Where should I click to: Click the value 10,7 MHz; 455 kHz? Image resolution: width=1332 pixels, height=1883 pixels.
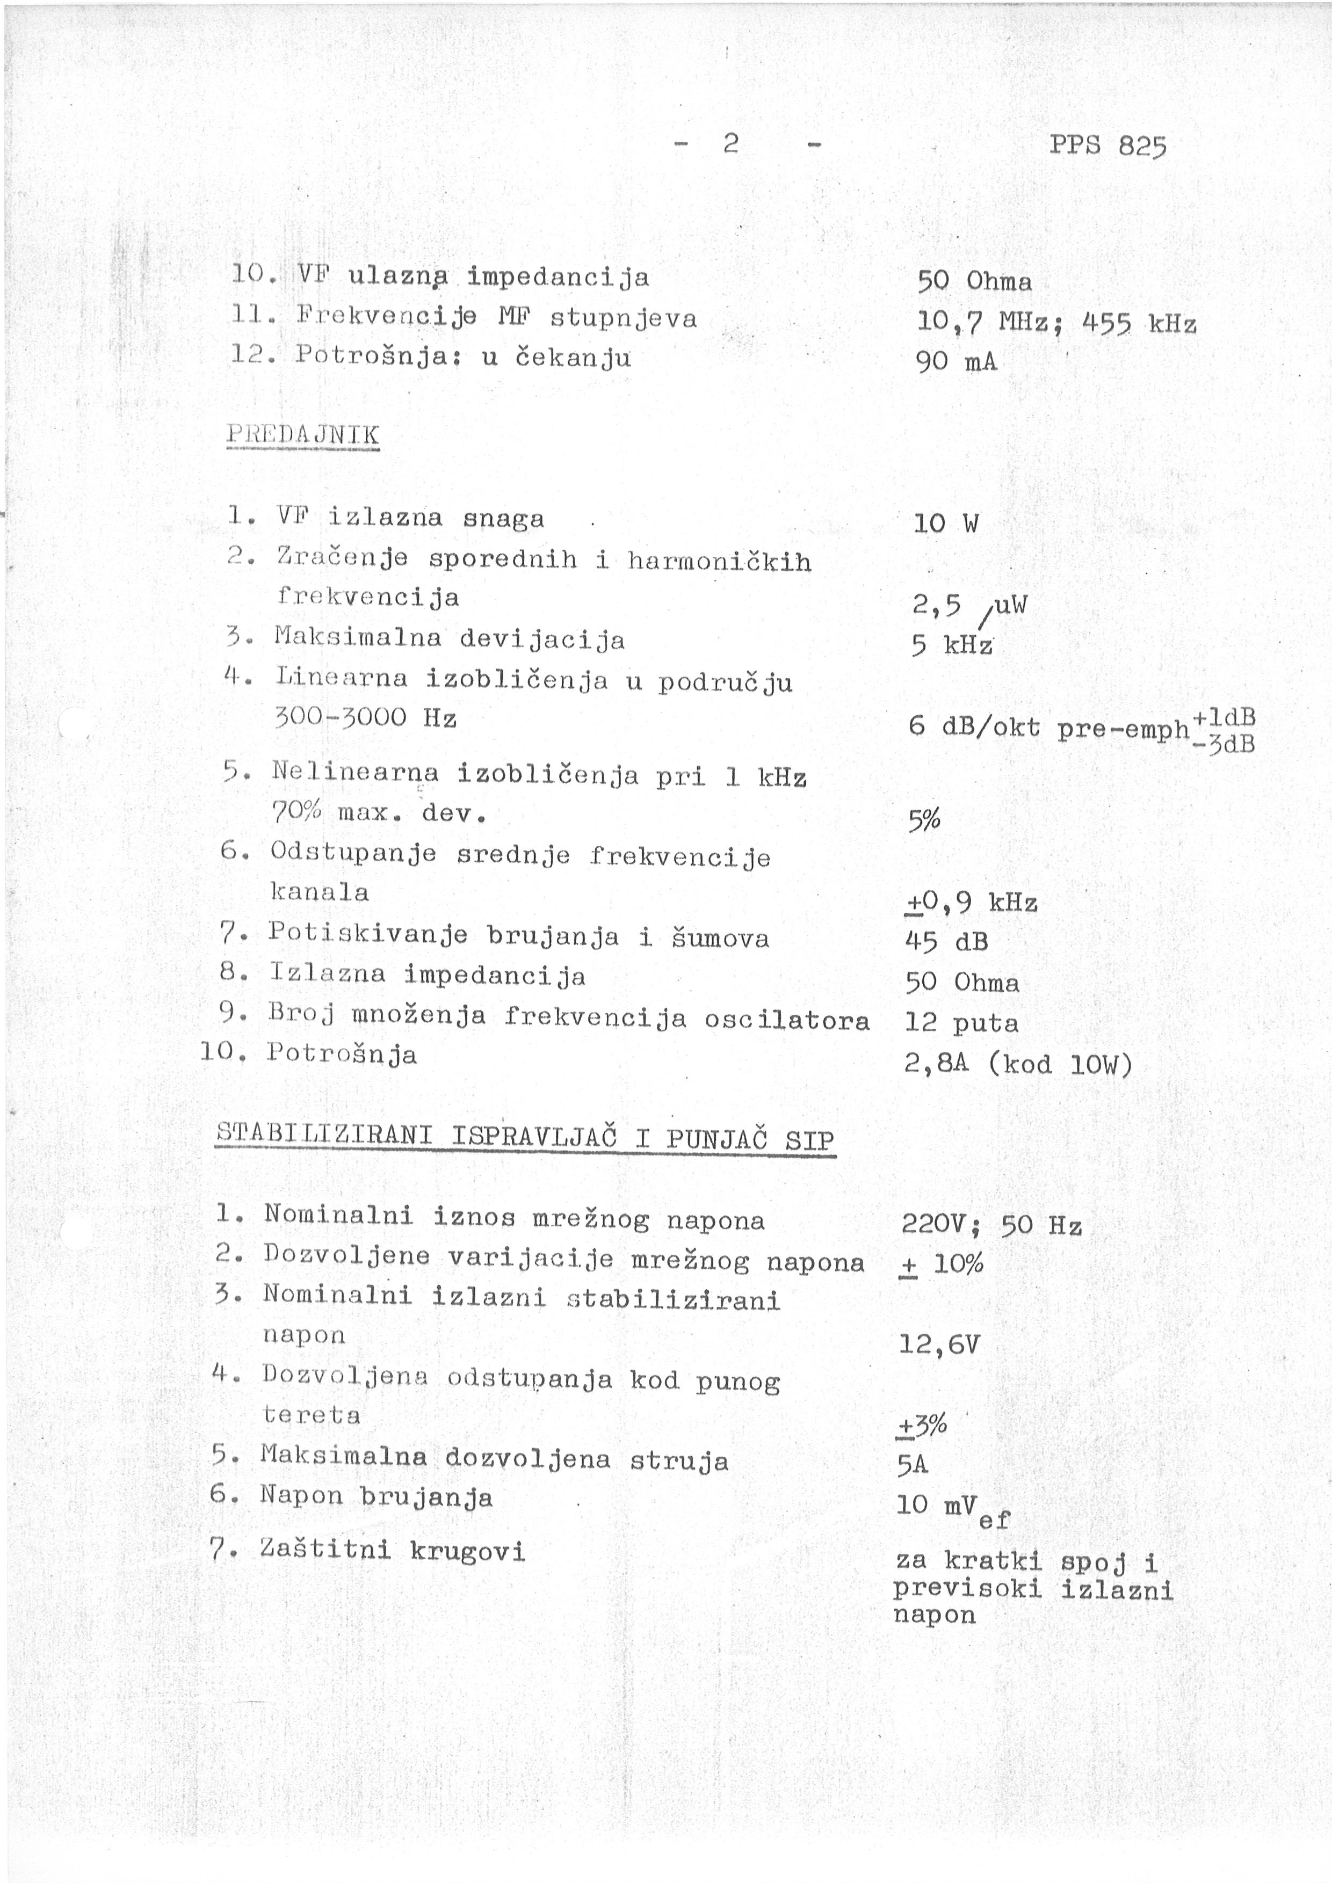[1056, 322]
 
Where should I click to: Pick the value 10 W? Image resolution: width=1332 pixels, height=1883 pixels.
[946, 524]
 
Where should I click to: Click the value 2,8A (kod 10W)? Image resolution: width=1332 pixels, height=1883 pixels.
[1018, 1065]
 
